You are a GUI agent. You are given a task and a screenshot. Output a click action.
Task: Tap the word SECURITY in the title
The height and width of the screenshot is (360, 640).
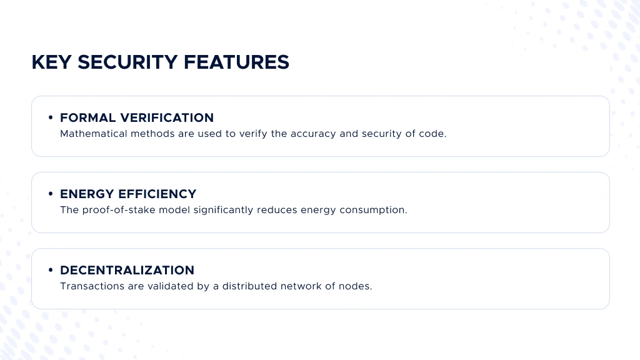(x=127, y=62)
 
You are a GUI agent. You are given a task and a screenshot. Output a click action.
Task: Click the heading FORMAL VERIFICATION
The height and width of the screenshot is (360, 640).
(x=137, y=117)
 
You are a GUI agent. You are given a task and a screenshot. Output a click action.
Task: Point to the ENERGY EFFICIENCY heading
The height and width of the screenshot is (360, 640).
(x=128, y=194)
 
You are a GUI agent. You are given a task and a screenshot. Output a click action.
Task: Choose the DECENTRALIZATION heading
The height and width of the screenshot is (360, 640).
(x=127, y=270)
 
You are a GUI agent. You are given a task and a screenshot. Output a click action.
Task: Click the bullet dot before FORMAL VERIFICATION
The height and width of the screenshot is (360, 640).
(x=51, y=117)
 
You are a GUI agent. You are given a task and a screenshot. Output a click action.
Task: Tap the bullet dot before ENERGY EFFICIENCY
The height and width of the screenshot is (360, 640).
(x=51, y=194)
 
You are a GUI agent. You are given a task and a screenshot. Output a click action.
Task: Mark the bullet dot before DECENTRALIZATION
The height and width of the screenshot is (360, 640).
(x=51, y=270)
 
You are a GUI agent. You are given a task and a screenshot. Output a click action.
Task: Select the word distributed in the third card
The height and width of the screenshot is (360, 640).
(x=252, y=286)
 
